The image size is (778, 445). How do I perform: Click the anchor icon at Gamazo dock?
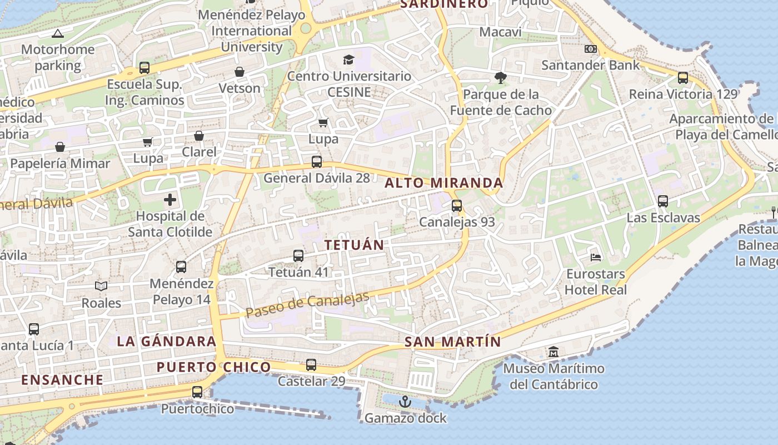[405, 401]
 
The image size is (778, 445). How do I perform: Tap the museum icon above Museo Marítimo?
[553, 352]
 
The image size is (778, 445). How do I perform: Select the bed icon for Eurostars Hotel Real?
[596, 257]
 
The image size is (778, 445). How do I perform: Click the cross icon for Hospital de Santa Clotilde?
[170, 199]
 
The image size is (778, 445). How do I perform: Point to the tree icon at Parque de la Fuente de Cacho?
[501, 78]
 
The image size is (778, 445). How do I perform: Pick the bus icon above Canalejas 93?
[457, 206]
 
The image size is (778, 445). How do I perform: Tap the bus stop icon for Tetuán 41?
[298, 256]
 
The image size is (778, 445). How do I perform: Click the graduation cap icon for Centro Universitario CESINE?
[348, 60]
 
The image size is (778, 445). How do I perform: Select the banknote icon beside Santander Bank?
[591, 49]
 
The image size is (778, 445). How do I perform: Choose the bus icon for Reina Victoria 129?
[683, 78]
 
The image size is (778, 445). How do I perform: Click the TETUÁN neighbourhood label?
[355, 245]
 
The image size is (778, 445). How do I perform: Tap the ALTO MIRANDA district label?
[444, 182]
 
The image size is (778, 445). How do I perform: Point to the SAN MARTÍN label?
[452, 342]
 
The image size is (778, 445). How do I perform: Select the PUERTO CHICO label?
[213, 367]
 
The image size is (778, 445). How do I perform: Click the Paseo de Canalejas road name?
[307, 305]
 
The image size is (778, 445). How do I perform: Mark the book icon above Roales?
[101, 286]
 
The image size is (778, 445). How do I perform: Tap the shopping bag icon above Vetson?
[240, 72]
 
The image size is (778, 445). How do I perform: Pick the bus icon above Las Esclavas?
[663, 201]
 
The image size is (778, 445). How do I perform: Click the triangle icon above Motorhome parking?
[58, 33]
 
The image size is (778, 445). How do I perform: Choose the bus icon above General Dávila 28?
[317, 162]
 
